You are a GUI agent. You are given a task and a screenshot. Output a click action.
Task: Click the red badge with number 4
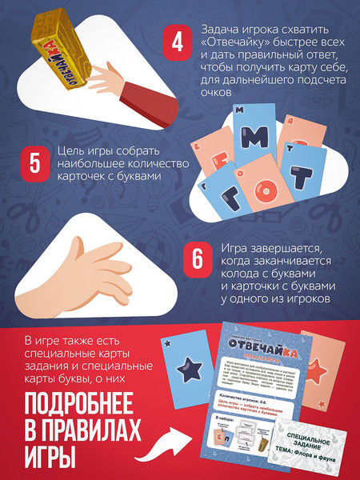(x=178, y=43)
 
